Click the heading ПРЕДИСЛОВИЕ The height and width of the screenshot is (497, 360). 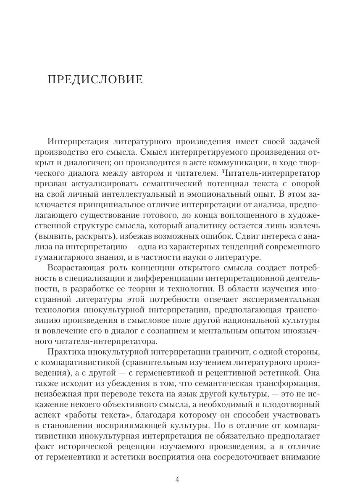coord(96,79)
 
